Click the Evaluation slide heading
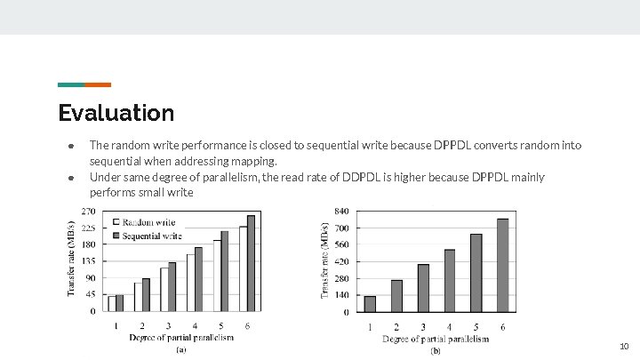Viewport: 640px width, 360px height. [116, 113]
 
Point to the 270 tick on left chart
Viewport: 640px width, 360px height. [89, 212]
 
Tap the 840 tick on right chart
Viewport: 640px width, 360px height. [341, 212]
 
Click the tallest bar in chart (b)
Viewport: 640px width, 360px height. [502, 265]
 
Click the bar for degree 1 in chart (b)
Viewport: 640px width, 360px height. [370, 304]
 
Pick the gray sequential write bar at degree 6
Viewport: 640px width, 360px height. [251, 263]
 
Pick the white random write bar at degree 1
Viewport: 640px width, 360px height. [112, 304]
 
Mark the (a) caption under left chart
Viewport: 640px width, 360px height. [181, 349]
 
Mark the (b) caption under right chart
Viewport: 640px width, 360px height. [436, 350]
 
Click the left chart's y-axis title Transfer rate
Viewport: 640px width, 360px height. [71, 259]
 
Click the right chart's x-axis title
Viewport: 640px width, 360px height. [436, 339]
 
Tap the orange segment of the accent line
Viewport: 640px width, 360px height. [98, 84]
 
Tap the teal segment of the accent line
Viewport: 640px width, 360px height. [71, 84]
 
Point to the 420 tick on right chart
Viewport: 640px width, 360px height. [341, 261]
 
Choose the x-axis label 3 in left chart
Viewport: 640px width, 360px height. [168, 325]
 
